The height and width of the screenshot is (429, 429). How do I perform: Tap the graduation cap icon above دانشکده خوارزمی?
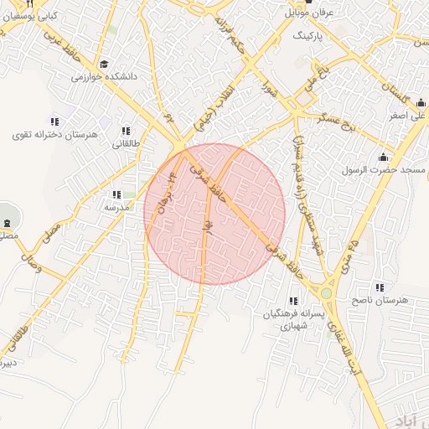pyautogui.click(x=104, y=64)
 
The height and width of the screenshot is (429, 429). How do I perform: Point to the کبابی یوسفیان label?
pyautogui.click(x=32, y=16)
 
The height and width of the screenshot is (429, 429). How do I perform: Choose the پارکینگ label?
pyautogui.click(x=311, y=38)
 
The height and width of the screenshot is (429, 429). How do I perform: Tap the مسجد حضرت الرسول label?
pyautogui.click(x=383, y=170)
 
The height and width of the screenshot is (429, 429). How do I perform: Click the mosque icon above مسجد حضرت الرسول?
pyautogui.click(x=384, y=157)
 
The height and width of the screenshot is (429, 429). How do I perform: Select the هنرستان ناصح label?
pyautogui.click(x=380, y=299)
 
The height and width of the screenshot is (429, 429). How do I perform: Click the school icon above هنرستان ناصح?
pyautogui.click(x=380, y=287)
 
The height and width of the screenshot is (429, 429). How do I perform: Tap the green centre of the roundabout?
pyautogui.click(x=326, y=293)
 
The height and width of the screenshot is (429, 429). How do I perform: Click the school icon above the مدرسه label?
pyautogui.click(x=116, y=194)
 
